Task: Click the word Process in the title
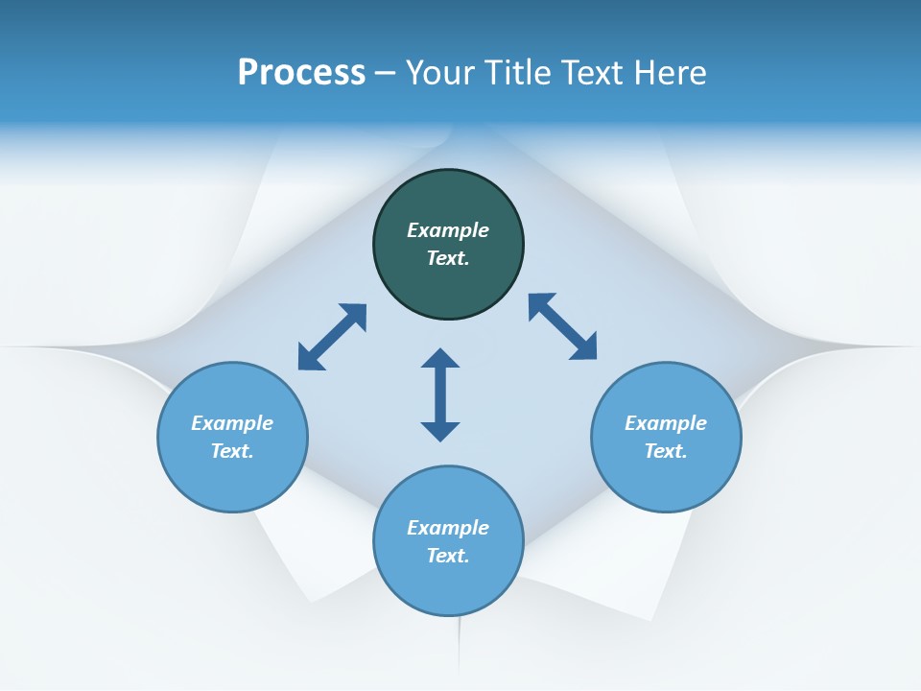point(301,73)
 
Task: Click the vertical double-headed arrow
point(440,394)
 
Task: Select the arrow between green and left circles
point(332,337)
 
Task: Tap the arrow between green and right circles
point(563,326)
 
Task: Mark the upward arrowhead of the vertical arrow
point(440,358)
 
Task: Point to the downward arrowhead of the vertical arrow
point(440,431)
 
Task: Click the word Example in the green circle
point(448,230)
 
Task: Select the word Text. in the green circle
point(448,258)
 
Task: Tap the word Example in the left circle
point(232,423)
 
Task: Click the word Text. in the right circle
point(666,451)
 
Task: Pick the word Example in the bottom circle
point(448,528)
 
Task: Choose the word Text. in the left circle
point(232,451)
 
